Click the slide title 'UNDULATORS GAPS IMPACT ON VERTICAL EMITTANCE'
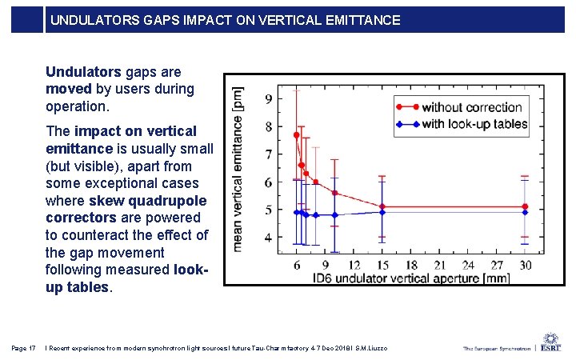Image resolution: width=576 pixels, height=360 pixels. [x=226, y=20]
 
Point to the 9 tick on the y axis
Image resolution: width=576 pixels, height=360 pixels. [x=267, y=99]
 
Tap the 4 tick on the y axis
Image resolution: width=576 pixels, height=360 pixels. [x=267, y=238]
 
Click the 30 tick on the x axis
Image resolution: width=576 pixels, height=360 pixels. [x=525, y=265]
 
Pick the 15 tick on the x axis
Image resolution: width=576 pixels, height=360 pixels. [x=382, y=265]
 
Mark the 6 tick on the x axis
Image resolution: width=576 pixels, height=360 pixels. [x=297, y=265]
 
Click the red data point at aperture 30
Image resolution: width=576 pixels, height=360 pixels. [x=525, y=206]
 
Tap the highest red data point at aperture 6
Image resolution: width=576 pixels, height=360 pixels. [x=297, y=135]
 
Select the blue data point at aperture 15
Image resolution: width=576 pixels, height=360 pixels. [x=382, y=212]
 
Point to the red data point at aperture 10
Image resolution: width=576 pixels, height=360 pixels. [x=334, y=193]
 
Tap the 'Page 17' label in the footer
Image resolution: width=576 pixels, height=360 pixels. [x=24, y=348]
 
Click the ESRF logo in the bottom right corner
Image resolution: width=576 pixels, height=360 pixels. [x=550, y=346]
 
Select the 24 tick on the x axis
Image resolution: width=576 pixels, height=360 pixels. [x=468, y=265]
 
